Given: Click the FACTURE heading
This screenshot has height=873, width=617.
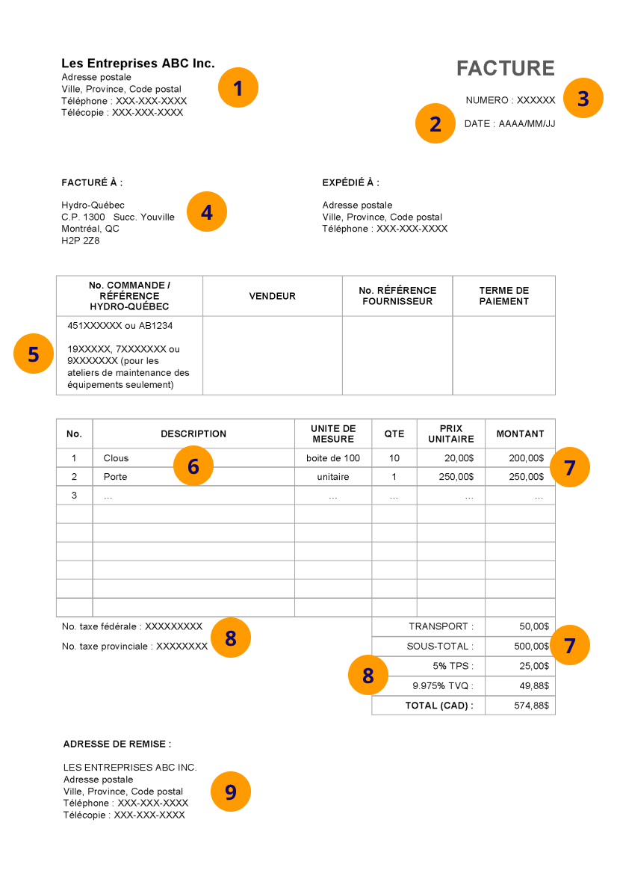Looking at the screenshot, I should coord(505,69).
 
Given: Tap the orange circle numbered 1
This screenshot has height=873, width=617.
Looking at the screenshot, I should coord(238,88).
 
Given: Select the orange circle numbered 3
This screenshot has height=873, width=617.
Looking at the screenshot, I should coord(583,99).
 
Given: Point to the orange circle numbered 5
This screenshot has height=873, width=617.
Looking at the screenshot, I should coord(34,354).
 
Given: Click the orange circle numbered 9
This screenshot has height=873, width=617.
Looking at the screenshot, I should coord(231,792).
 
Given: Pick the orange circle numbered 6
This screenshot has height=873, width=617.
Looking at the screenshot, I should coord(193,466).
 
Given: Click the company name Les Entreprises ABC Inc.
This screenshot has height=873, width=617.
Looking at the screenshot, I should coord(137,64).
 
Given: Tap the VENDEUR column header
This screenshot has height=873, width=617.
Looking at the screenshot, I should coord(272,296).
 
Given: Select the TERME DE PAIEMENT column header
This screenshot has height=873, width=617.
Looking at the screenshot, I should coord(503,296).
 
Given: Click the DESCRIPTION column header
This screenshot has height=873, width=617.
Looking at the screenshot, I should coord(193,434).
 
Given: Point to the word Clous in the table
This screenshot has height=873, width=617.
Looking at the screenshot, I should coord(116,458).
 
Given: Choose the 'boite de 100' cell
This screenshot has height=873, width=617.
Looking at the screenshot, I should coord(332,458).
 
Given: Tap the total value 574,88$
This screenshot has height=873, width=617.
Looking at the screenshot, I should coord(531,706).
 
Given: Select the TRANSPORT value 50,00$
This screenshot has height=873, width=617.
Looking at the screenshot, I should coord(533,626).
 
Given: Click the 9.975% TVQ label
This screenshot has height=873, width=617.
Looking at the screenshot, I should coord(442,685).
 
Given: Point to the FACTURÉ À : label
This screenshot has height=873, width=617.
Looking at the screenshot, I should coord(92,182).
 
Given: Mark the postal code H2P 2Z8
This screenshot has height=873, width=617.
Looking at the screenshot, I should coord(80,241).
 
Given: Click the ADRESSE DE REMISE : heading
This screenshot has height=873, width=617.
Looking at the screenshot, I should coord(117,744).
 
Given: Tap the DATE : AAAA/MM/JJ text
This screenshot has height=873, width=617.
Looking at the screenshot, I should coord(509,124).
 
